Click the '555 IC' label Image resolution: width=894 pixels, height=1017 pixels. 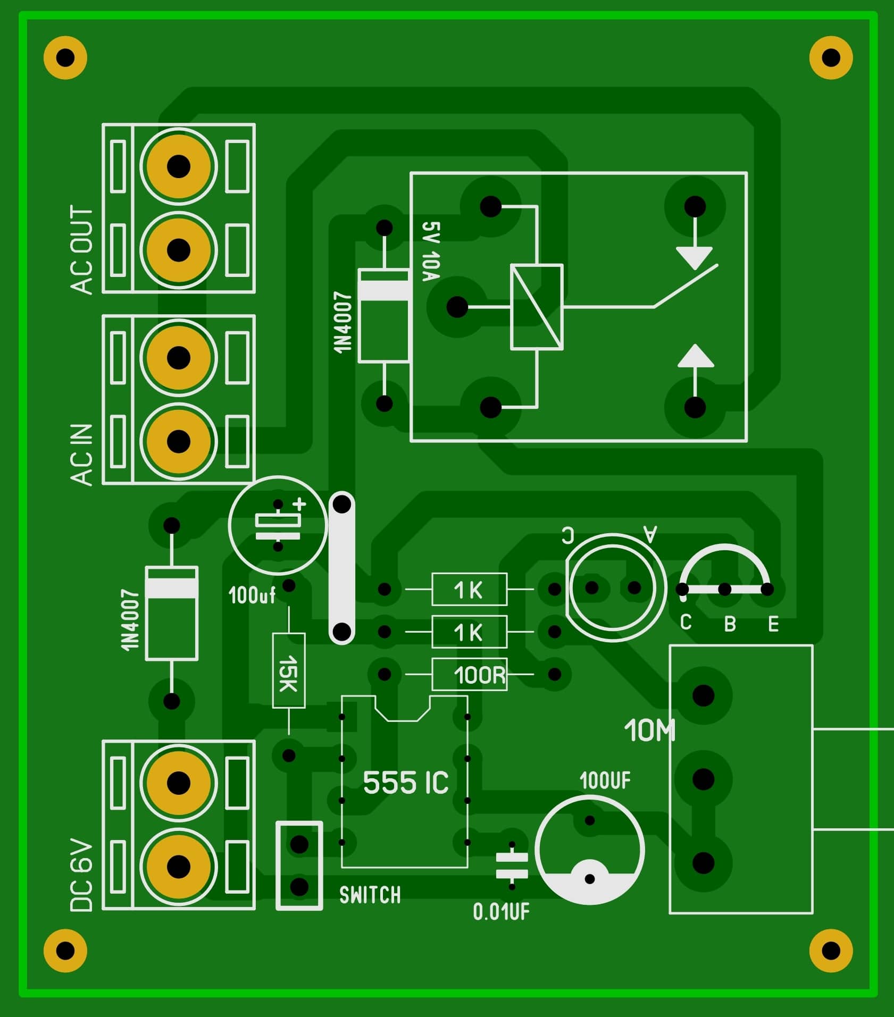tap(405, 783)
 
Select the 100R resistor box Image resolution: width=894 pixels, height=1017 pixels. tap(470, 675)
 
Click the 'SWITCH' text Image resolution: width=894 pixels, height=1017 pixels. tap(370, 895)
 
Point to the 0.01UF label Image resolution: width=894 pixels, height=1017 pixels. tap(501, 912)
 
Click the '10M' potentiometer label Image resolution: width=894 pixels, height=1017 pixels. tap(649, 730)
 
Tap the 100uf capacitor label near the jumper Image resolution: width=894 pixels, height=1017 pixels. tap(252, 595)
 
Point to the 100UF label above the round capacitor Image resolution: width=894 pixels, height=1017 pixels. tap(605, 781)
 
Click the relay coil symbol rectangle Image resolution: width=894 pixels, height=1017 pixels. tap(537, 307)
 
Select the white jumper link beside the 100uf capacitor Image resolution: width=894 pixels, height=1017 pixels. tap(341, 568)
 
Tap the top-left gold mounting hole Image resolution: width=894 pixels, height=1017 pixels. tap(65, 57)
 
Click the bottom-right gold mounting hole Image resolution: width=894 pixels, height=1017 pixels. tap(831, 951)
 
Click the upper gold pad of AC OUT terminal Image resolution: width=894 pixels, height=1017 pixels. tap(179, 166)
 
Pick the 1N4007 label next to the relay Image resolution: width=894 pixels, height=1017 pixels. tap(343, 322)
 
